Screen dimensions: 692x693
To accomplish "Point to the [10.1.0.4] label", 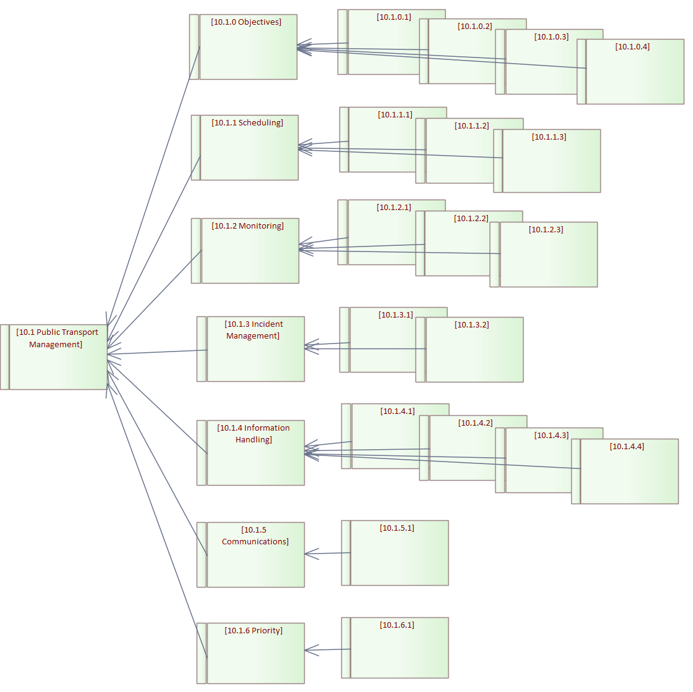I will [x=632, y=47].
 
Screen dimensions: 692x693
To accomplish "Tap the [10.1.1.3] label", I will [x=549, y=137].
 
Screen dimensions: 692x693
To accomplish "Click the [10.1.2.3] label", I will [x=546, y=230].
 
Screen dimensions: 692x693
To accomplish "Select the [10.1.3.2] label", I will [x=472, y=325].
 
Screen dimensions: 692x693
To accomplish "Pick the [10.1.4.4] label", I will [x=627, y=447].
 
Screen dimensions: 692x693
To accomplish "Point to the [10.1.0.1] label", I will [x=394, y=17].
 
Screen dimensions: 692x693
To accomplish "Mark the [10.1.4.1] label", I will [x=398, y=411].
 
